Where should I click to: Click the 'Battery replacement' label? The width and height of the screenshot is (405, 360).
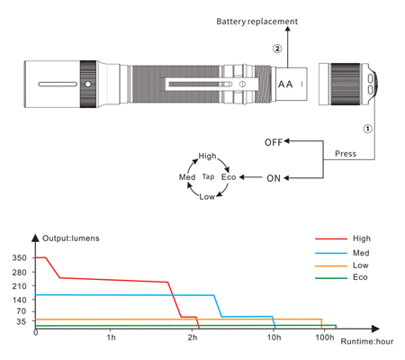pyautogui.click(x=257, y=22)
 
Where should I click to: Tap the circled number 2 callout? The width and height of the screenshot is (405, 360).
pyautogui.click(x=277, y=49)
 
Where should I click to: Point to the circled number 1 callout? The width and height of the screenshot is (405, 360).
pyautogui.click(x=368, y=129)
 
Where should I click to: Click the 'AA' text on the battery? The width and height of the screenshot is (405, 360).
pyautogui.click(x=285, y=85)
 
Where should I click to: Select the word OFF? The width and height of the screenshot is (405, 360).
pyautogui.click(x=274, y=142)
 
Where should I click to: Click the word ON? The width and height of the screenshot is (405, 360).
pyautogui.click(x=274, y=178)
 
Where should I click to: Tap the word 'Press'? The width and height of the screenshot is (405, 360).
pyautogui.click(x=346, y=154)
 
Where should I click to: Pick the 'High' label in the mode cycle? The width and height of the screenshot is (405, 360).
pyautogui.click(x=207, y=156)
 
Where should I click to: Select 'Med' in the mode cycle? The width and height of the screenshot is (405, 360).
pyautogui.click(x=187, y=177)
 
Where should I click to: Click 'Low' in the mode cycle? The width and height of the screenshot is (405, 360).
pyautogui.click(x=207, y=197)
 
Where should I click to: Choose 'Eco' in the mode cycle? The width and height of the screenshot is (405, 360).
pyautogui.click(x=229, y=177)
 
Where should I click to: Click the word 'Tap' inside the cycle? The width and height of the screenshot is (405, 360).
pyautogui.click(x=208, y=176)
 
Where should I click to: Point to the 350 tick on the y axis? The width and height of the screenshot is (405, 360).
pyautogui.click(x=19, y=257)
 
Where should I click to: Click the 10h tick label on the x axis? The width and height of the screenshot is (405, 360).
pyautogui.click(x=274, y=337)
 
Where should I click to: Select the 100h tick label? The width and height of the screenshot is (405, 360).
pyautogui.click(x=325, y=337)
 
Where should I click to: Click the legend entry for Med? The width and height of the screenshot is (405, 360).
pyautogui.click(x=342, y=253)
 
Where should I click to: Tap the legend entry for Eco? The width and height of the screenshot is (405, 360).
pyautogui.click(x=341, y=277)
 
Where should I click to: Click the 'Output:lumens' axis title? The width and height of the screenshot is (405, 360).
pyautogui.click(x=71, y=238)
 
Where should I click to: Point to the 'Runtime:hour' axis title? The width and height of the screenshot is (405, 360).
pyautogui.click(x=367, y=341)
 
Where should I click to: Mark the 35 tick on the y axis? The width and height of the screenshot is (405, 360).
pyautogui.click(x=22, y=321)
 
